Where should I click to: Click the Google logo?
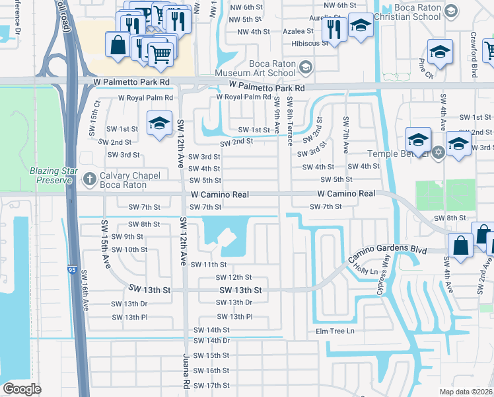click(22, 388)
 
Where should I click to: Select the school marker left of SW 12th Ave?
click(159, 124)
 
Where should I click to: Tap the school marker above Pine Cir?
click(439, 52)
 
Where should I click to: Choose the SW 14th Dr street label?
click(211, 340)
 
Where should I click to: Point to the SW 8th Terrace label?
click(289, 122)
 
